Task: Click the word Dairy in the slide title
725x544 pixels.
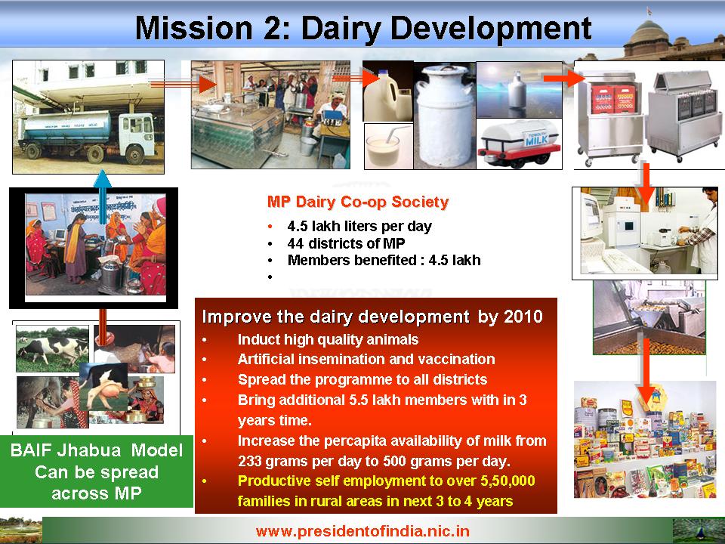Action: pos(341,29)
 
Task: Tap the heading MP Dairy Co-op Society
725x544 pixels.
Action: pos(358,202)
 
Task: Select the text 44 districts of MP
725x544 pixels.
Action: pos(346,243)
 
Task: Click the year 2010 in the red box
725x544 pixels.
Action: pos(523,317)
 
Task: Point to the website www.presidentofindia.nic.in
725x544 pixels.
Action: pos(362,530)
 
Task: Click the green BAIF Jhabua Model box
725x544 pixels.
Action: pos(96,471)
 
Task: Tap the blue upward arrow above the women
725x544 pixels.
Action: pos(102,196)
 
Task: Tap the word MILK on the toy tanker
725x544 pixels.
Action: pos(536,141)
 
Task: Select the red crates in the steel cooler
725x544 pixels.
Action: pos(613,100)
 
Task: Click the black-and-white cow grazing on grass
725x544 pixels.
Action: pos(52,349)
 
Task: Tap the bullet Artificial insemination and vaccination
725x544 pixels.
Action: pos(366,359)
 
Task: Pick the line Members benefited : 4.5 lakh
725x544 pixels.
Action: pos(384,260)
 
